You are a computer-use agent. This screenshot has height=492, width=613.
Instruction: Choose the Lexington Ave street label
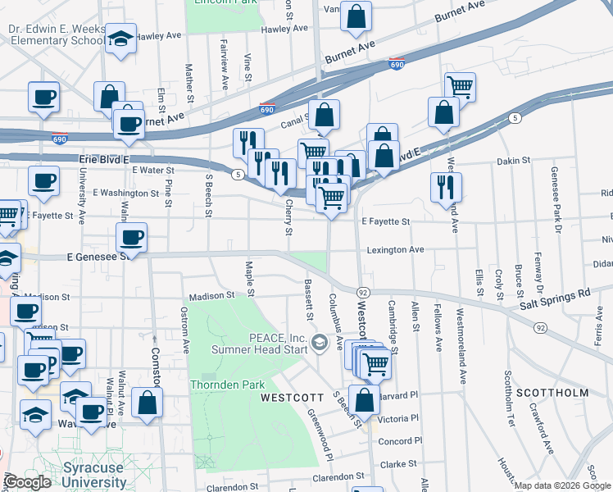395,249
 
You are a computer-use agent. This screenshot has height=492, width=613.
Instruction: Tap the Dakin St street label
513,162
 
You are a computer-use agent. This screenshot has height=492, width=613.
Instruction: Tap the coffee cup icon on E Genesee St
131,238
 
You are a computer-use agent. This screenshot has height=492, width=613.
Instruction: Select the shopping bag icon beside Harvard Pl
365,400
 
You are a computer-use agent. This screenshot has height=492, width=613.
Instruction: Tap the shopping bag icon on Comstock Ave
147,403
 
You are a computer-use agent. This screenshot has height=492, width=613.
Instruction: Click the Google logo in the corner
28,482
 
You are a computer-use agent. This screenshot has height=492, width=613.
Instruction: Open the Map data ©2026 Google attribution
561,485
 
